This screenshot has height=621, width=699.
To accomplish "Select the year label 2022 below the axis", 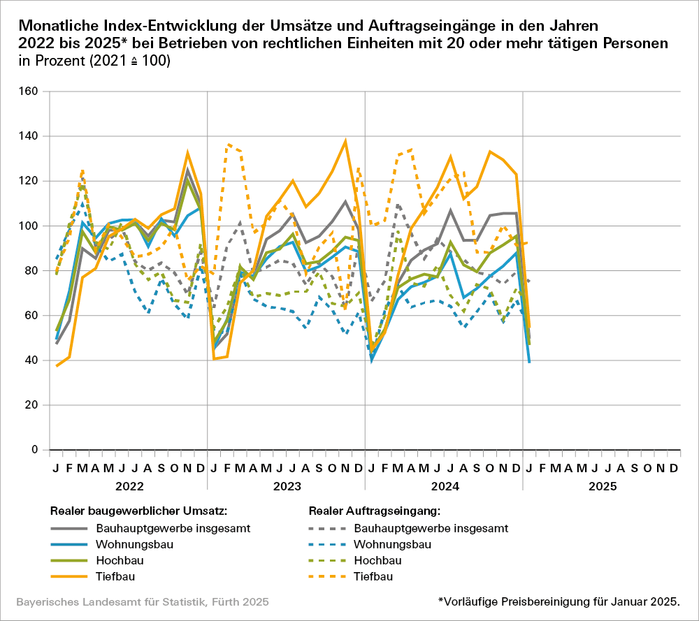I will click(129, 485).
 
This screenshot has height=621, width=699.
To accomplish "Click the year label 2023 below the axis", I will click(287, 485).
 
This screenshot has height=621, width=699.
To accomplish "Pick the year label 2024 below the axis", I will click(444, 485).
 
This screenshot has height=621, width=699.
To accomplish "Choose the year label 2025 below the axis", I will click(602, 485).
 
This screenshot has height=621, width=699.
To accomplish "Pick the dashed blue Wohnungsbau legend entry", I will click(389, 544).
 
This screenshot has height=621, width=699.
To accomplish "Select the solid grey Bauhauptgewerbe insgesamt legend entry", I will click(161, 528).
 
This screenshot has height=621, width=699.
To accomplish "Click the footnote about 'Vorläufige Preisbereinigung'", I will click(559, 601).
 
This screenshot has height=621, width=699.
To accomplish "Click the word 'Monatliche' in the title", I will click(59, 27).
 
